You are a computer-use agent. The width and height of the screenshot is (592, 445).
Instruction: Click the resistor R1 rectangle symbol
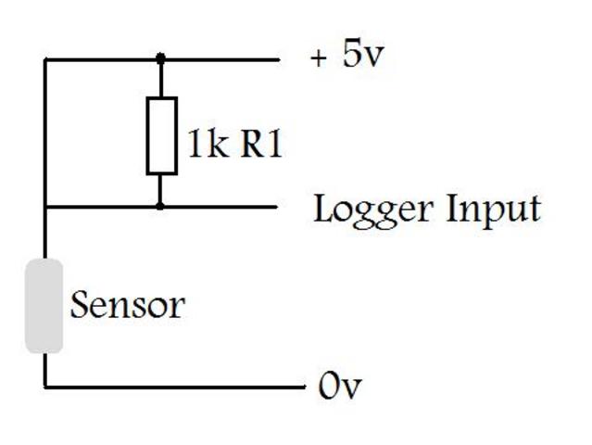tap(161, 135)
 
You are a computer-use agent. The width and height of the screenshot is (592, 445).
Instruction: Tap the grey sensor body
tap(44, 306)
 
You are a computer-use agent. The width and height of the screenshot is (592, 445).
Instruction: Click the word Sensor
tap(128, 305)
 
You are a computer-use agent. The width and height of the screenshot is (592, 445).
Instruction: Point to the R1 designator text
tap(261, 146)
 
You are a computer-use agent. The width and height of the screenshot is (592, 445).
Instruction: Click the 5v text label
tap(362, 56)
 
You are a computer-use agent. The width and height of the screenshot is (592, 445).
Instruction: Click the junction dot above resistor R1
tap(161, 58)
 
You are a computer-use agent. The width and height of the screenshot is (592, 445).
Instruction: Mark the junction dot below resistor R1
tap(161, 206)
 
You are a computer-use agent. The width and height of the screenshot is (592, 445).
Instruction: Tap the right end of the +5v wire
tap(278, 58)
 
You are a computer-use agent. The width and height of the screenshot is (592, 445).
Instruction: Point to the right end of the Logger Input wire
tap(278, 206)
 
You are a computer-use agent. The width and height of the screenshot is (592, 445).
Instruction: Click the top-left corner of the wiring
tap(44, 58)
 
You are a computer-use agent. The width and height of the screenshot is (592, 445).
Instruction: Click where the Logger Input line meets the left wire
tap(44, 206)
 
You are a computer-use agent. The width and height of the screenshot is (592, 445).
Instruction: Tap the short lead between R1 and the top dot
tap(161, 80)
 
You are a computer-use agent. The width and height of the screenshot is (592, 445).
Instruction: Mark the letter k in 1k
tap(219, 146)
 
